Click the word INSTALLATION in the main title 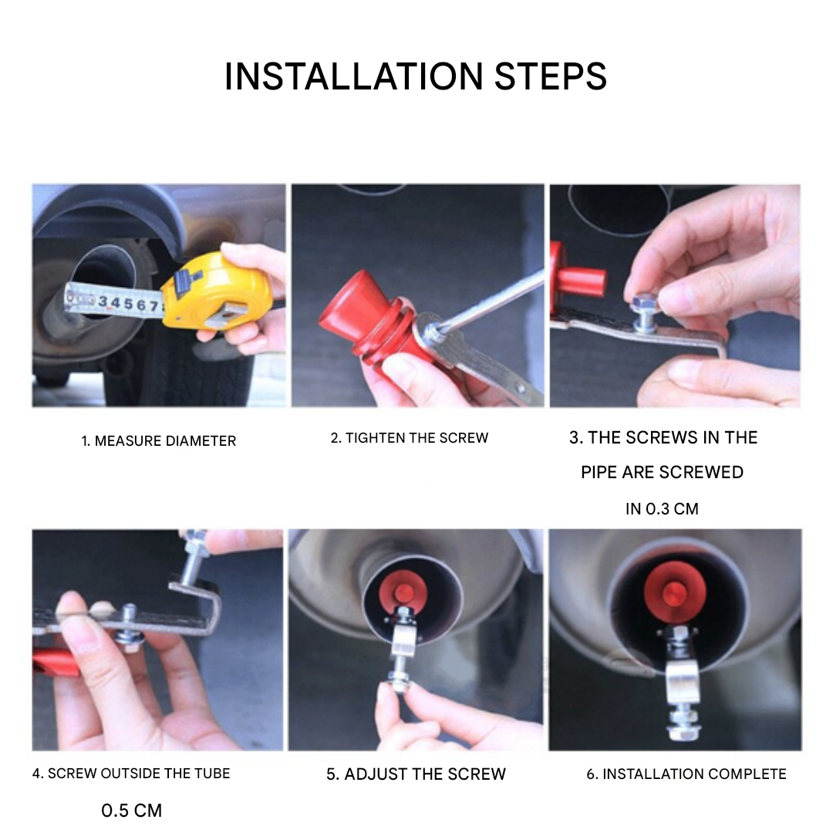[354, 76]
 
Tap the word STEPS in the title [551, 76]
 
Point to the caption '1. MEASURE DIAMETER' [158, 441]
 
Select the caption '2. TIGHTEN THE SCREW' [409, 438]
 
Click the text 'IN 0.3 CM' [662, 509]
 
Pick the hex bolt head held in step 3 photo [640, 302]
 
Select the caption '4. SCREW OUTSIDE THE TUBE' [130, 774]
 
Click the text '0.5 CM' [131, 811]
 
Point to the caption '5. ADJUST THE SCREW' [416, 774]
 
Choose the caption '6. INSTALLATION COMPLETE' [686, 774]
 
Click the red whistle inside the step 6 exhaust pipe [675, 590]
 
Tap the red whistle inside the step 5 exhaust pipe [405, 591]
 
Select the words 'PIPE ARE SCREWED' [662, 472]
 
